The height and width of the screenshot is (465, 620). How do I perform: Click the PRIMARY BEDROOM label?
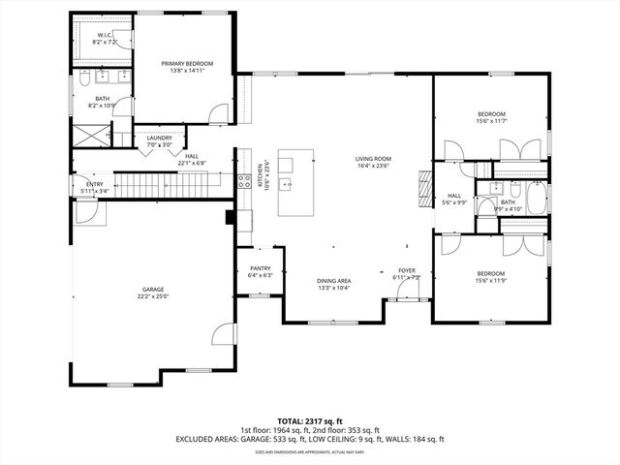[x=187, y=64]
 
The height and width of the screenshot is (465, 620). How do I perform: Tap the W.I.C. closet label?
[x=104, y=36]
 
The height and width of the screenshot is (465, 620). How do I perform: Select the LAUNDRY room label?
[x=160, y=138]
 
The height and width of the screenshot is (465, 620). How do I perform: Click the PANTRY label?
[x=260, y=268]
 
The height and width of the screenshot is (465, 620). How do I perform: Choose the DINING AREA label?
[x=333, y=281]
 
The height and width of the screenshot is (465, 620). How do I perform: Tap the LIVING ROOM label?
[x=372, y=159]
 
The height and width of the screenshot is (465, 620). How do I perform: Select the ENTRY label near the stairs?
[x=94, y=184]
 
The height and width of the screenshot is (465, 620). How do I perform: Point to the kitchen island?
[x=295, y=182]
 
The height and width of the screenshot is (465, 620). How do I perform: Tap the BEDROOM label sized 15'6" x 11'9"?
[x=491, y=274]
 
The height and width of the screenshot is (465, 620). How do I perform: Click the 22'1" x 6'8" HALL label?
[x=192, y=156]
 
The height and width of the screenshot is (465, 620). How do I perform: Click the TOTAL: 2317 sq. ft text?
[x=310, y=421]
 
